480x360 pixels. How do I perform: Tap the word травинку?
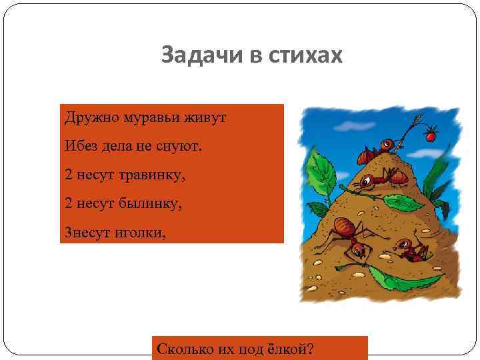(154, 175)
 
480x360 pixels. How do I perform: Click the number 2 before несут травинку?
(69, 175)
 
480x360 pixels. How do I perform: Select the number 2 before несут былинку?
(69, 203)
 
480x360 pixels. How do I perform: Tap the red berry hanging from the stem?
(430, 136)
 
